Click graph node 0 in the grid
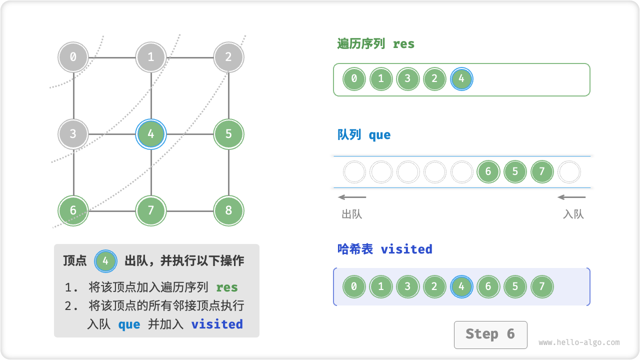click(73, 57)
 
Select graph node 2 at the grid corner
click(228, 57)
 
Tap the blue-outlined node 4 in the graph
click(151, 134)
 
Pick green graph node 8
click(228, 210)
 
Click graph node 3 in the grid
click(73, 134)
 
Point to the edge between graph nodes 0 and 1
click(112, 57)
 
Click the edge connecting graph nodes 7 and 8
click(190, 211)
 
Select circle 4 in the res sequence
click(461, 78)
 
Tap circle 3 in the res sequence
click(407, 78)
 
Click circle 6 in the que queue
click(488, 172)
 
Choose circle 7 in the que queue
click(542, 172)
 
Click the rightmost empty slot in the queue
click(569, 172)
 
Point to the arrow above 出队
click(352, 197)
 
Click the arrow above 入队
click(571, 197)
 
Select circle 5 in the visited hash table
click(515, 287)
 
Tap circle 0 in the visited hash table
click(354, 287)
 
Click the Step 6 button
click(490, 334)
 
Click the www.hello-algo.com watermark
click(579, 342)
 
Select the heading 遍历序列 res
click(376, 44)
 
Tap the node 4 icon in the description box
click(105, 260)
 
